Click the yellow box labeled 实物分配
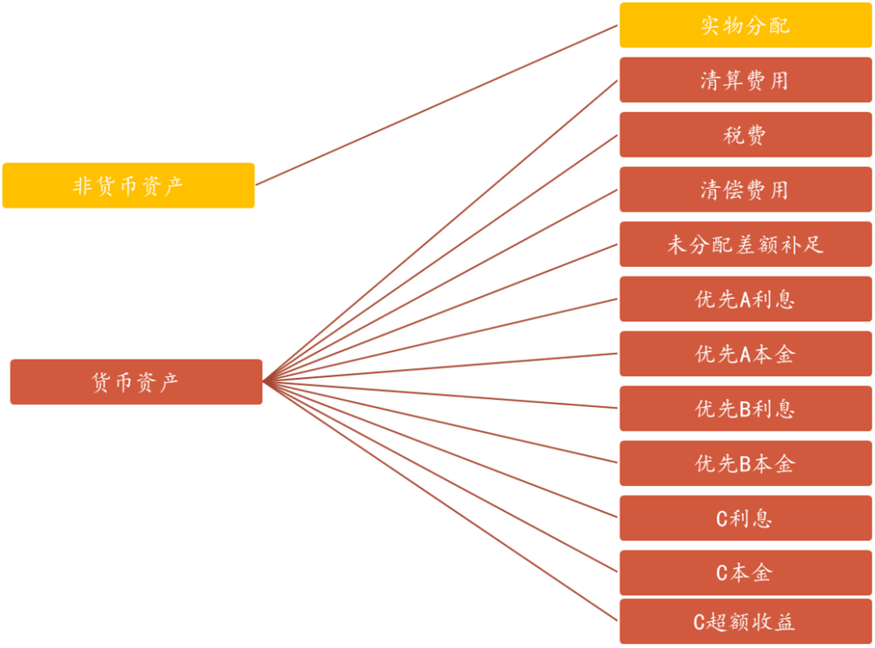point(745,25)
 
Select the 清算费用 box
point(745,80)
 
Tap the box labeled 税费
point(745,135)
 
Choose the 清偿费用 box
point(745,190)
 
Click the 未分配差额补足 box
point(745,244)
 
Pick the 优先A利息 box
point(745,299)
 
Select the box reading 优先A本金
point(745,354)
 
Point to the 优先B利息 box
point(745,409)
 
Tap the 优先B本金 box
point(745,463)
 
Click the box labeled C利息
point(745,518)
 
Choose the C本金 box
point(745,573)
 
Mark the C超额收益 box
point(745,622)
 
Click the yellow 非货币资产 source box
point(129,186)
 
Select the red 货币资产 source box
point(136,382)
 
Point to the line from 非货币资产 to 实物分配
point(437,105)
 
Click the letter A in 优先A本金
point(747,354)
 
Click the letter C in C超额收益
point(701,623)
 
